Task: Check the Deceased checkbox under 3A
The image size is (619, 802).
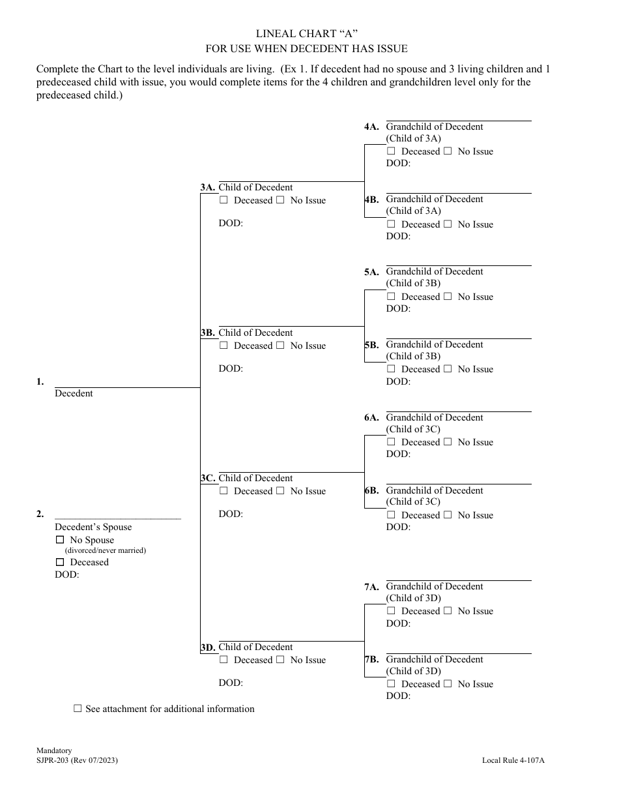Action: [x=223, y=200]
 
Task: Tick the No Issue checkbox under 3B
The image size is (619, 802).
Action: [x=280, y=346]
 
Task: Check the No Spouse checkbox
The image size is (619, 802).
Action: [x=60, y=540]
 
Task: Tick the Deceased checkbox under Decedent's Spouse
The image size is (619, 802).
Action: [x=60, y=562]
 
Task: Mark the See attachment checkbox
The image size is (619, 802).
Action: [x=78, y=709]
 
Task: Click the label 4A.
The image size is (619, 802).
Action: [x=371, y=127]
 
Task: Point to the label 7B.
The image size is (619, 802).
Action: [x=371, y=660]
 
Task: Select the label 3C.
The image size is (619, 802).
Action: [x=208, y=479]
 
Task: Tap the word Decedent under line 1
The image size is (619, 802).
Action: [x=74, y=393]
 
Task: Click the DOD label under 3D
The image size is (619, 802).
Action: [x=231, y=683]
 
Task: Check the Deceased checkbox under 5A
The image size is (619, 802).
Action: [x=391, y=297]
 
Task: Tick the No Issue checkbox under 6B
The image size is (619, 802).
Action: [x=448, y=515]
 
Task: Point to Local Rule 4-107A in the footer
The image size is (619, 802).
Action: [x=513, y=760]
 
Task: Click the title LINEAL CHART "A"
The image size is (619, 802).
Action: [x=306, y=34]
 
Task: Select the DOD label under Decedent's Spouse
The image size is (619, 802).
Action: [x=66, y=574]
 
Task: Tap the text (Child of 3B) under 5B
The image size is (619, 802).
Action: [x=413, y=356]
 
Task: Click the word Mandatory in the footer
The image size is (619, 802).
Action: [x=54, y=750]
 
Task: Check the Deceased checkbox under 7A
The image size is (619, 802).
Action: [x=391, y=611]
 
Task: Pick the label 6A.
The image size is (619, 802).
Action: [x=371, y=418]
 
